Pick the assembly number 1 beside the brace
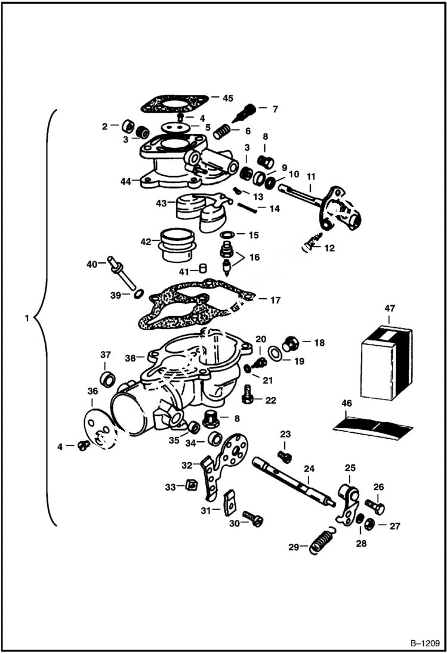click(26, 318)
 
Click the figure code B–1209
click(424, 643)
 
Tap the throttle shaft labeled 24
click(292, 481)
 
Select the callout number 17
click(275, 300)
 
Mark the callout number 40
click(91, 264)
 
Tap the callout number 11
click(310, 177)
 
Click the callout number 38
click(130, 358)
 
